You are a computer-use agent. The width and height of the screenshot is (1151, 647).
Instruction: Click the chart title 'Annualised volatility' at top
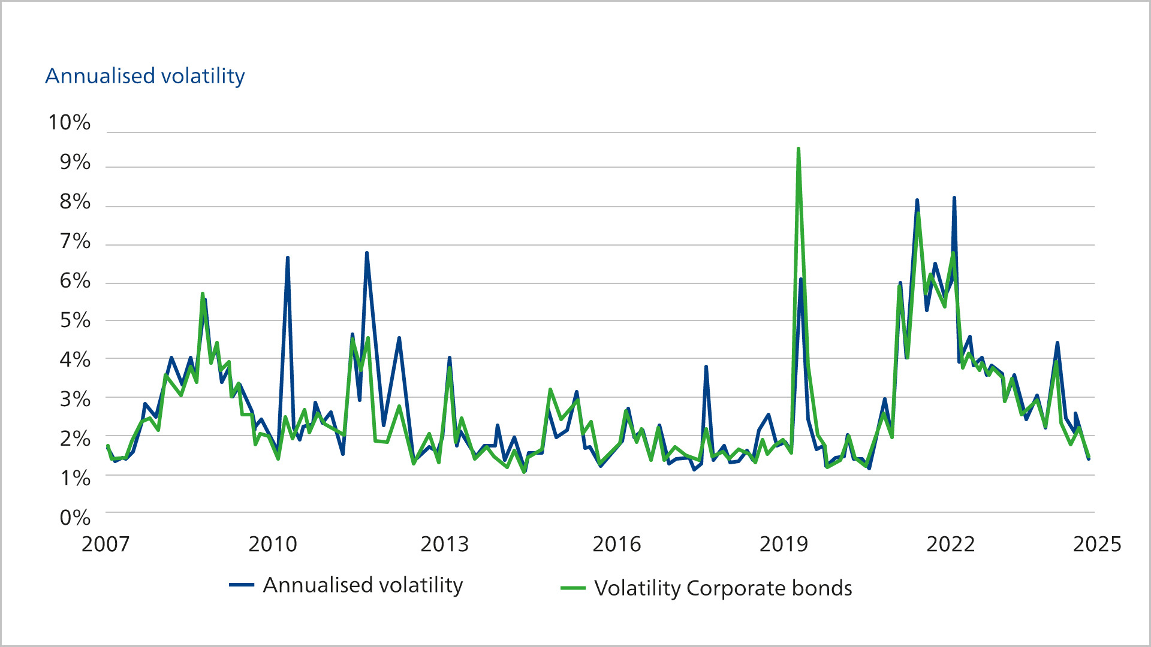coord(144,76)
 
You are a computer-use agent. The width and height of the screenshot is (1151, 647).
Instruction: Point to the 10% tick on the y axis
coord(69,123)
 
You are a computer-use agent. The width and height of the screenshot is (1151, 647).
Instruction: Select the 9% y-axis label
coord(74,162)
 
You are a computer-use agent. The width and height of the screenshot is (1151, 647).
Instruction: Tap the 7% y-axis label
coord(74,241)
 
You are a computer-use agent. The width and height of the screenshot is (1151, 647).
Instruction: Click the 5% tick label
coord(74,321)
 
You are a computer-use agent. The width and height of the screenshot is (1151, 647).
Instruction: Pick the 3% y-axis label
coord(74,400)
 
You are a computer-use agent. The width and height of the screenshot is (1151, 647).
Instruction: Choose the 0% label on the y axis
coord(74,518)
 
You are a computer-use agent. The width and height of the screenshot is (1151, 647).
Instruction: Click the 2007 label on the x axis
coord(106,544)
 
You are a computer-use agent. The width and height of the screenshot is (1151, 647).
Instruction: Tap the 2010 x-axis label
coord(273,544)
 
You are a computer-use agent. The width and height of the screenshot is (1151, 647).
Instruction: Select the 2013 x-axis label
coord(444,544)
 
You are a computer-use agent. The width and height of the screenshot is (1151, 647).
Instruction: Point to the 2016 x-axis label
coord(616,544)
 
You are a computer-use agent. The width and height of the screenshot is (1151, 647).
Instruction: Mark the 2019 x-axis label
coord(784,544)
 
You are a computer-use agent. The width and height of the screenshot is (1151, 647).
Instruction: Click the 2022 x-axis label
coord(950,544)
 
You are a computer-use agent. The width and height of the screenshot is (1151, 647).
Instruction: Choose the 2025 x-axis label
coord(1096,544)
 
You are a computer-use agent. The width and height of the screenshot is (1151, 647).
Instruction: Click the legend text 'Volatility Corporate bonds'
coord(723,588)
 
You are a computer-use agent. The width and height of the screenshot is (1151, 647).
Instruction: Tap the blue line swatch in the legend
coord(242,585)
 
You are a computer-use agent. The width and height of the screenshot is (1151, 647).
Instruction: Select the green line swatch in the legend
coord(573,588)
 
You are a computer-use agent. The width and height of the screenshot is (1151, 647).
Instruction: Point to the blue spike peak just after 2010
coord(288,258)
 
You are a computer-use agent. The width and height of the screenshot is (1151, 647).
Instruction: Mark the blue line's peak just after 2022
coord(954,198)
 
